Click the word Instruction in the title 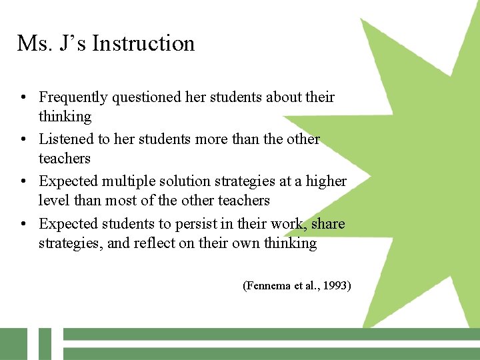[143, 44]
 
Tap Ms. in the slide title [31, 44]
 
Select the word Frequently [73, 97]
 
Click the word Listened [65, 139]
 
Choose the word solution [187, 181]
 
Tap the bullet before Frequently [23, 98]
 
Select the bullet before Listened [23, 140]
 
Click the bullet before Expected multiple [23, 182]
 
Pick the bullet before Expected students [23, 225]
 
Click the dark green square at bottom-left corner [13, 343]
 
